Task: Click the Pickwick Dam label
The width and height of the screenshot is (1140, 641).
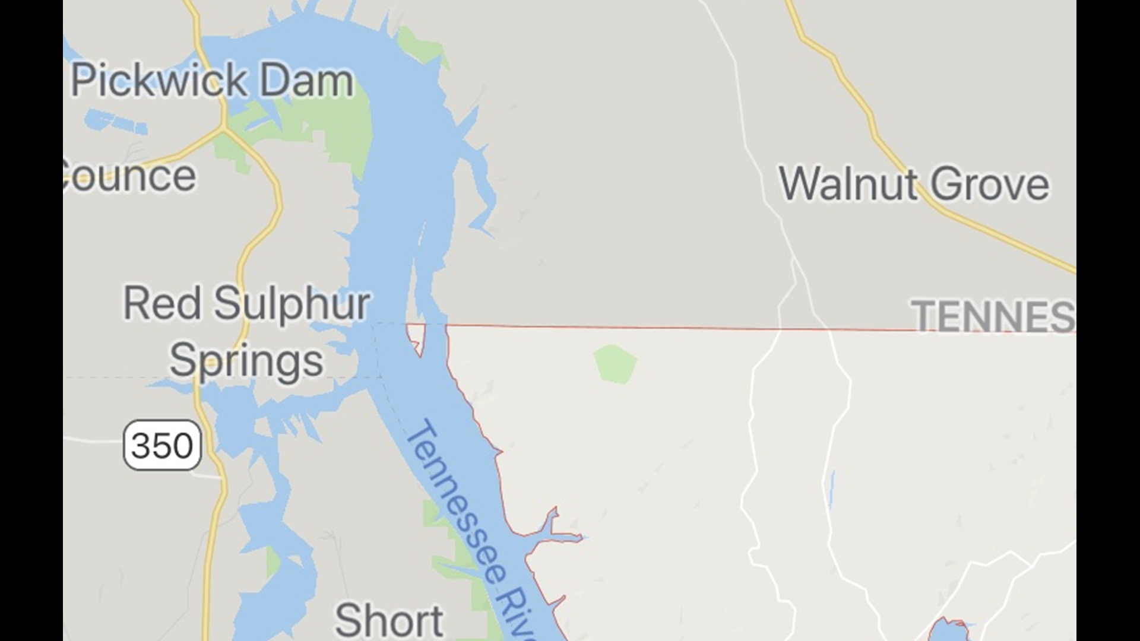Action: point(212,81)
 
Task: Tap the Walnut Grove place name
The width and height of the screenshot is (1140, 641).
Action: point(913,184)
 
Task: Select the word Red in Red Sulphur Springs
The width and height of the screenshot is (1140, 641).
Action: point(161,303)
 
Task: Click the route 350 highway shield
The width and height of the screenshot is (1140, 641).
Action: point(162,445)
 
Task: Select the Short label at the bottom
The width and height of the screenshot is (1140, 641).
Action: point(389,621)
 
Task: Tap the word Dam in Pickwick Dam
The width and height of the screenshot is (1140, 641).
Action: point(306,81)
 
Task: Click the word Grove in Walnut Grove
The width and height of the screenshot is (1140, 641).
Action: point(990,185)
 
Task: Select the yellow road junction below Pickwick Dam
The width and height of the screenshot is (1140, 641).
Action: point(224,127)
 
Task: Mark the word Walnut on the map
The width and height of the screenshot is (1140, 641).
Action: point(848,184)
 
